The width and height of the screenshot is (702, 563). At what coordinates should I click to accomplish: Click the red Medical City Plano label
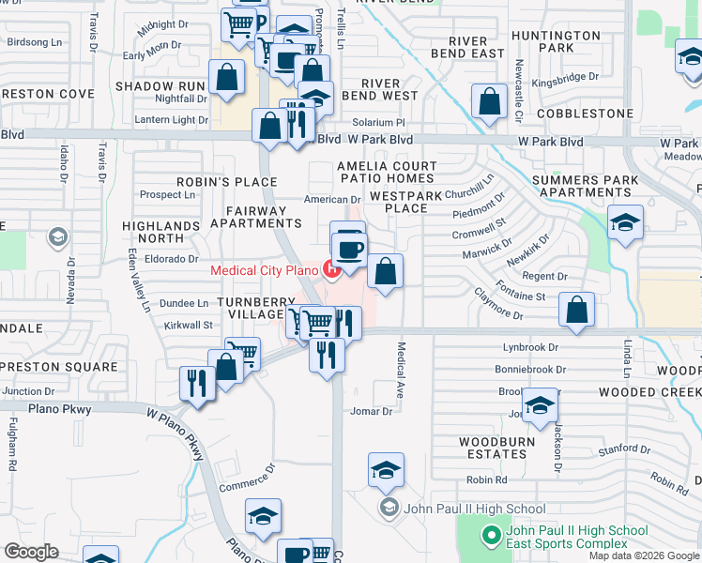tap(265, 270)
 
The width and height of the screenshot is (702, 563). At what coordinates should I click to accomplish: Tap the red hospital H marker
tap(331, 270)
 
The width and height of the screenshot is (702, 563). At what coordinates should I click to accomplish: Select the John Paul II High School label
tap(473, 510)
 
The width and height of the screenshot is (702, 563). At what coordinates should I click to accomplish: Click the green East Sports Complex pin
tap(490, 536)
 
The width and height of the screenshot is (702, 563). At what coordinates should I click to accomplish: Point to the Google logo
tap(32, 552)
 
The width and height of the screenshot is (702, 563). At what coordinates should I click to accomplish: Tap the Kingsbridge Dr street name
tap(564, 77)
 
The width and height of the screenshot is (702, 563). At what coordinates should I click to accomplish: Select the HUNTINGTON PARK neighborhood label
tap(557, 41)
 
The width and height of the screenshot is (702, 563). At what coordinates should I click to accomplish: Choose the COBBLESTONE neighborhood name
tap(585, 114)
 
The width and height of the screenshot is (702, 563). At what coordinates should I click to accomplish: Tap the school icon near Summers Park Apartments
tap(625, 223)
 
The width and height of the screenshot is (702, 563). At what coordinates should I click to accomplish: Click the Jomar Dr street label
tap(371, 411)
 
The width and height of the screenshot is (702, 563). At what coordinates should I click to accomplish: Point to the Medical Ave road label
tap(401, 370)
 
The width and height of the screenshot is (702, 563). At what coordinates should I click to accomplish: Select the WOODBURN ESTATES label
tap(496, 448)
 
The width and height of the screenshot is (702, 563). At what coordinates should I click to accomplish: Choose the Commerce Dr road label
tap(247, 477)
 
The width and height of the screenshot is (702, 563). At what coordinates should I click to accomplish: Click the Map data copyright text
tap(645, 555)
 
